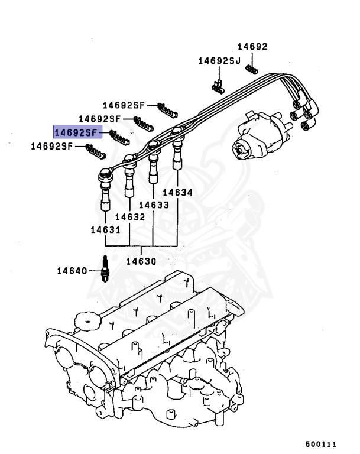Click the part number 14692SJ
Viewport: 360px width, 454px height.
[219, 60]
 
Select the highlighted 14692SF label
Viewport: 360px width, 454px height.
[78, 132]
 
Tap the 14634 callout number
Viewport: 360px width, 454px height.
[177, 192]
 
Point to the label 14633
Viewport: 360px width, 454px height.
[154, 205]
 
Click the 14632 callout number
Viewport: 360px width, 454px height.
[130, 217]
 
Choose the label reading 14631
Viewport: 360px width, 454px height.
[106, 229]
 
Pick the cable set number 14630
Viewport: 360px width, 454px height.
[141, 261]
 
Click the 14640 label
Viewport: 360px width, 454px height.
[72, 271]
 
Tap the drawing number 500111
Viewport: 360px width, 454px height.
[320, 443]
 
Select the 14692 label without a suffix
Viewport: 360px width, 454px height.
[252, 46]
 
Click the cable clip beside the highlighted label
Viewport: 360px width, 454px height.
[121, 138]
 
